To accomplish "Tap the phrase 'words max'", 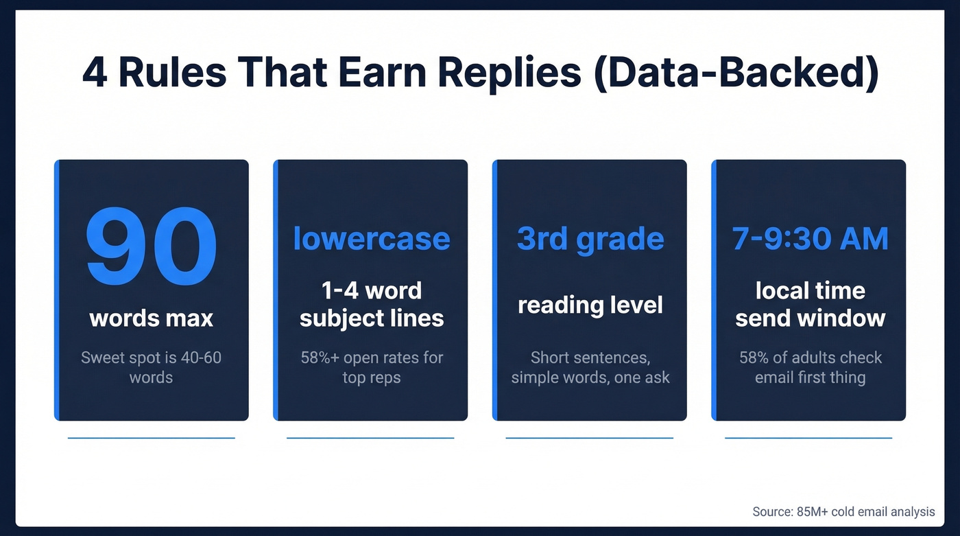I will click(151, 318).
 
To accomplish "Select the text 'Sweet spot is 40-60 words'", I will click(151, 367).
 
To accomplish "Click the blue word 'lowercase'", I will click(371, 239).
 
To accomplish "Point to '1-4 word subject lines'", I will click(371, 304).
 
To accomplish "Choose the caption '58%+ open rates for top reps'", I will click(371, 367).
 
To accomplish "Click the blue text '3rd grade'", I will click(590, 239).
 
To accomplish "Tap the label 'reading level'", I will click(590, 304).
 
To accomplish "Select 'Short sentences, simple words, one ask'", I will click(590, 367).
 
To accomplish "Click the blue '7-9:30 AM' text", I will click(810, 239).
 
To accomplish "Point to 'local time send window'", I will click(810, 304).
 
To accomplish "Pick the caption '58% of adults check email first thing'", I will click(810, 367).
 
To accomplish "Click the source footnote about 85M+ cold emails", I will click(843, 511).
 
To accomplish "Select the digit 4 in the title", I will click(95, 73).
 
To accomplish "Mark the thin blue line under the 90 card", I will click(151, 438).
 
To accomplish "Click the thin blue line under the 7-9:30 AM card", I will click(808, 438).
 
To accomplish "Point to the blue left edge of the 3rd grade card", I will click(494, 290).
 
